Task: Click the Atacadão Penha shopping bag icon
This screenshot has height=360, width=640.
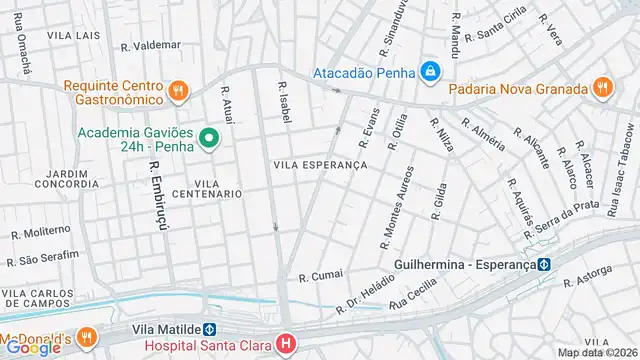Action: click(430, 71)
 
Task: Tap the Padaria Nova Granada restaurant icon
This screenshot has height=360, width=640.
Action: click(601, 87)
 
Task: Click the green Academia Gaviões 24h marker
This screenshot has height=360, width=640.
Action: click(209, 138)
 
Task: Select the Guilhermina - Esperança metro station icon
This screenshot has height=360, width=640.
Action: click(544, 265)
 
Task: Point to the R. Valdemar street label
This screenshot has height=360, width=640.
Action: click(150, 45)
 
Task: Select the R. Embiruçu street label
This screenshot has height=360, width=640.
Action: click(157, 194)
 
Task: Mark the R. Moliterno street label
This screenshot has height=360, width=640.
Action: click(40, 232)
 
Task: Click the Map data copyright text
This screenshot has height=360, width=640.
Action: click(597, 352)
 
